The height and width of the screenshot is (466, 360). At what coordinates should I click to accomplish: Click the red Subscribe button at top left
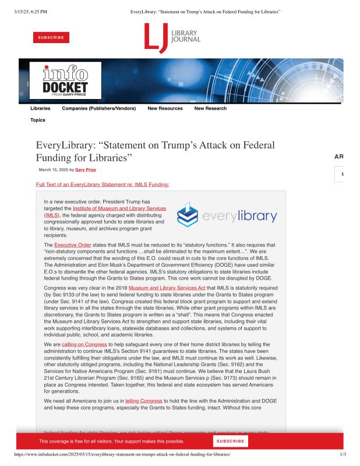tap(51, 37)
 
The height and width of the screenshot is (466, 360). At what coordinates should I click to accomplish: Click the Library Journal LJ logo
tap(172, 37)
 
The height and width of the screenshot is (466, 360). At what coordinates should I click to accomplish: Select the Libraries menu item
tap(40, 108)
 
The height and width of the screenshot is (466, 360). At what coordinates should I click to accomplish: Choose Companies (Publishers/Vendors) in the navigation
tap(98, 108)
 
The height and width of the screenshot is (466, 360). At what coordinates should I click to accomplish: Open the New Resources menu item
tap(165, 108)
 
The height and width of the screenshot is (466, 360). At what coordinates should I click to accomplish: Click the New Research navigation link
tap(210, 108)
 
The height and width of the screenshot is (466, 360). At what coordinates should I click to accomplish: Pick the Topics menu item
tap(38, 120)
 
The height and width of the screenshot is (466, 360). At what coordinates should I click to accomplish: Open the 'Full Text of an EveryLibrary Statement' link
tap(103, 185)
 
